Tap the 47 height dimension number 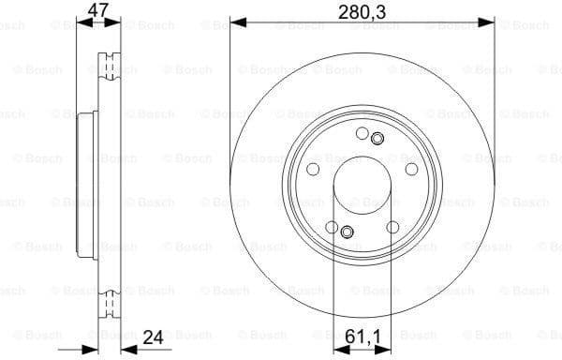[x=96, y=10]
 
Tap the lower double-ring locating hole [x=346, y=232]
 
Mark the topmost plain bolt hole [x=361, y=134]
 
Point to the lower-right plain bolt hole [x=392, y=228]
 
